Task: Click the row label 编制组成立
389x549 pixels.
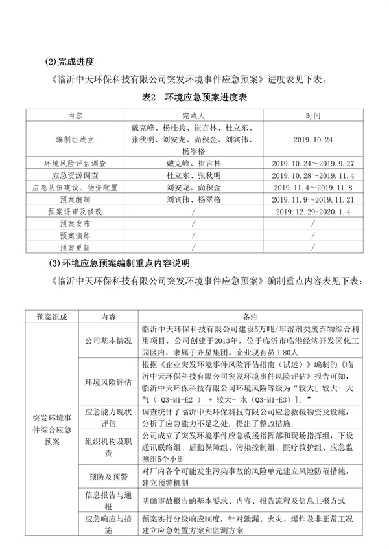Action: pyautogui.click(x=75, y=139)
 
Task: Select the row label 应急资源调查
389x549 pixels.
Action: pyautogui.click(x=75, y=175)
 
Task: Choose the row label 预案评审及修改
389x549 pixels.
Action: pyautogui.click(x=75, y=211)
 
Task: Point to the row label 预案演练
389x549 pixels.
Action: pyautogui.click(x=75, y=236)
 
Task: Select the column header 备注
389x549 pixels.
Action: pyautogui.click(x=250, y=317)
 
